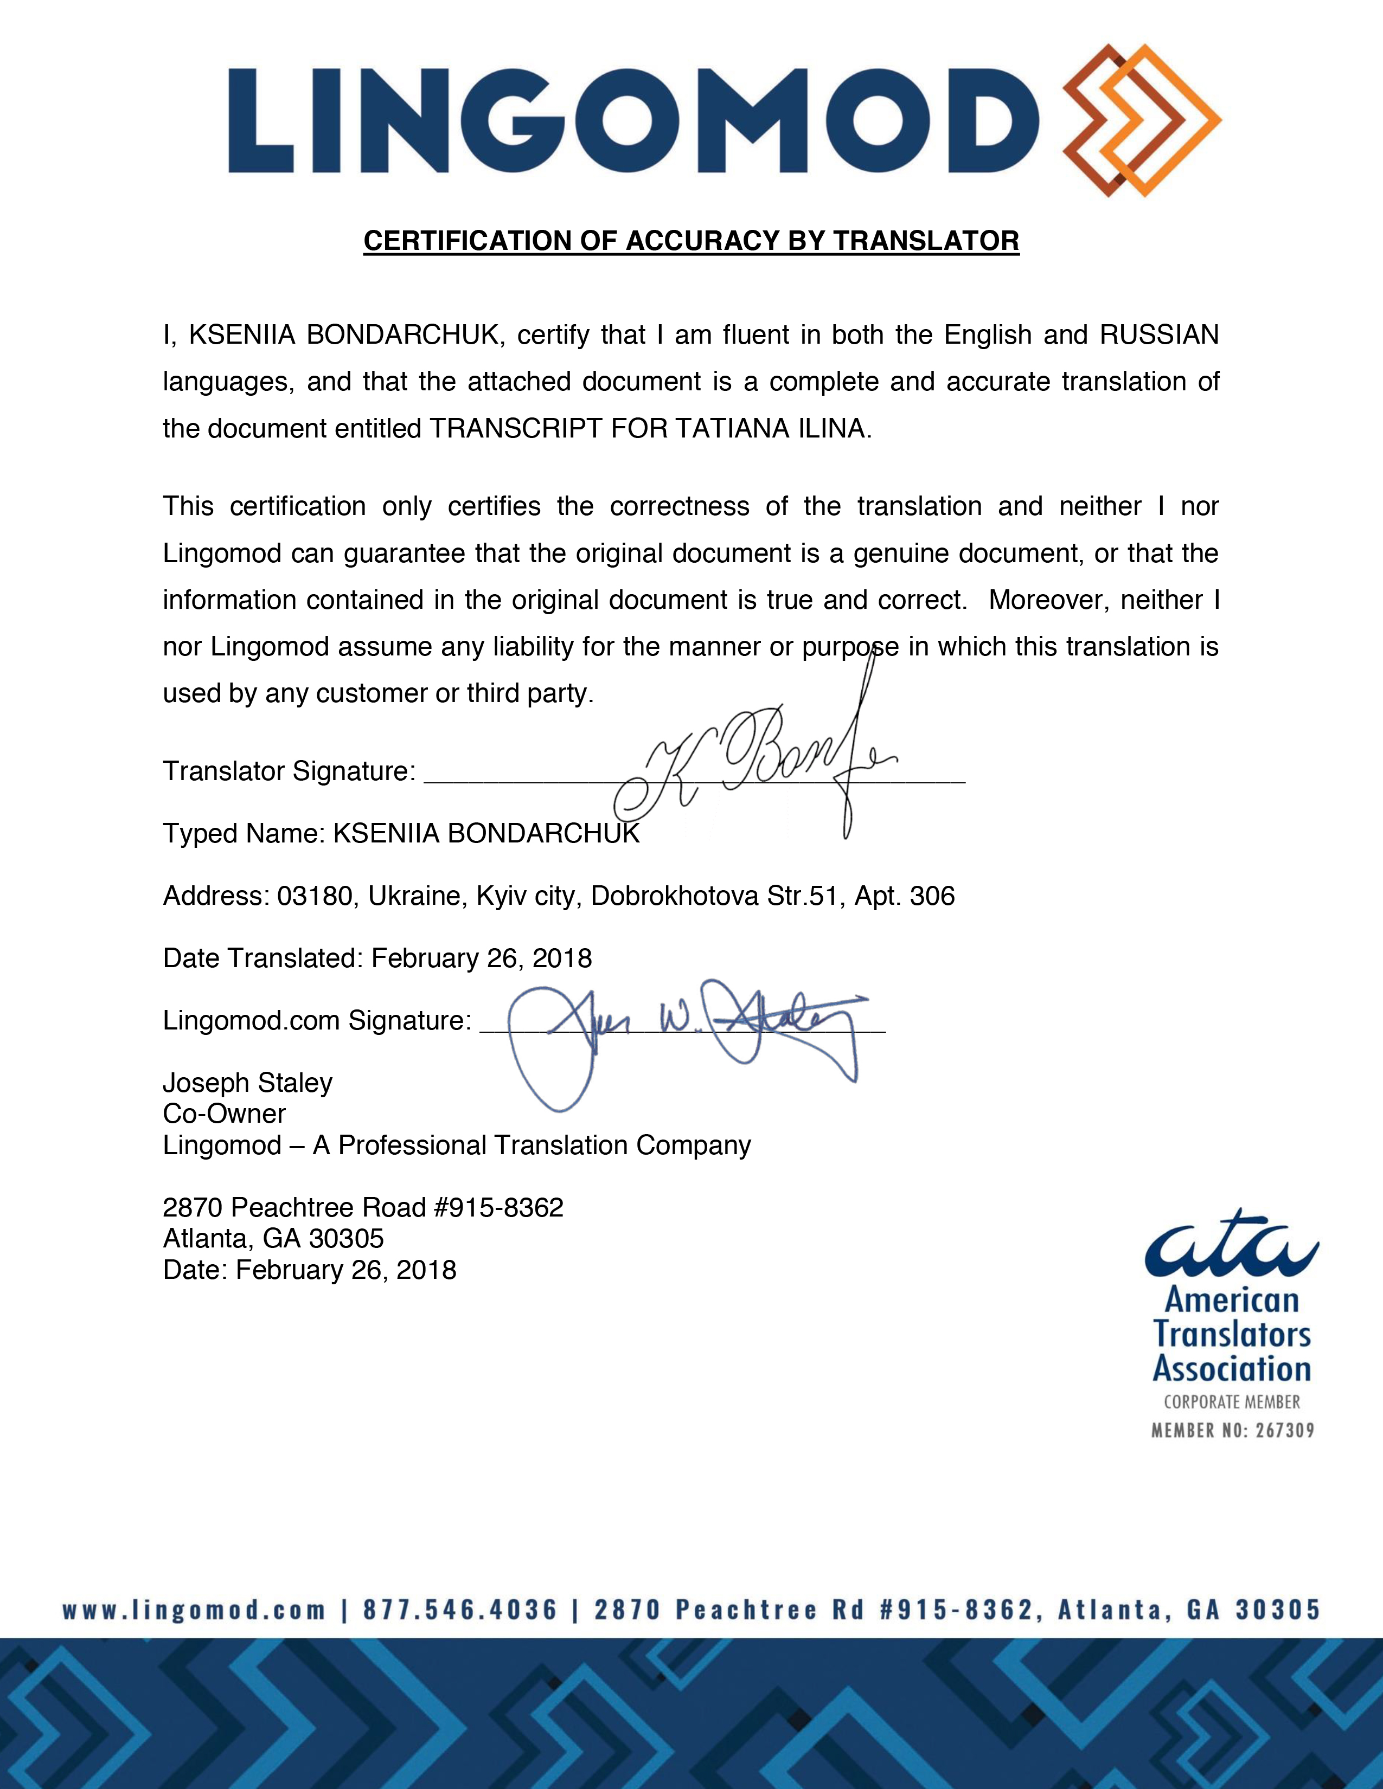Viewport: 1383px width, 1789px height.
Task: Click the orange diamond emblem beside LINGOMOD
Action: (1141, 120)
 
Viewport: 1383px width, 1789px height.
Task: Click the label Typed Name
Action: (244, 833)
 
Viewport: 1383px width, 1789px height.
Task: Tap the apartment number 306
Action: (932, 896)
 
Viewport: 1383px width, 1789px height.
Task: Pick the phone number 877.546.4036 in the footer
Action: (459, 1610)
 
